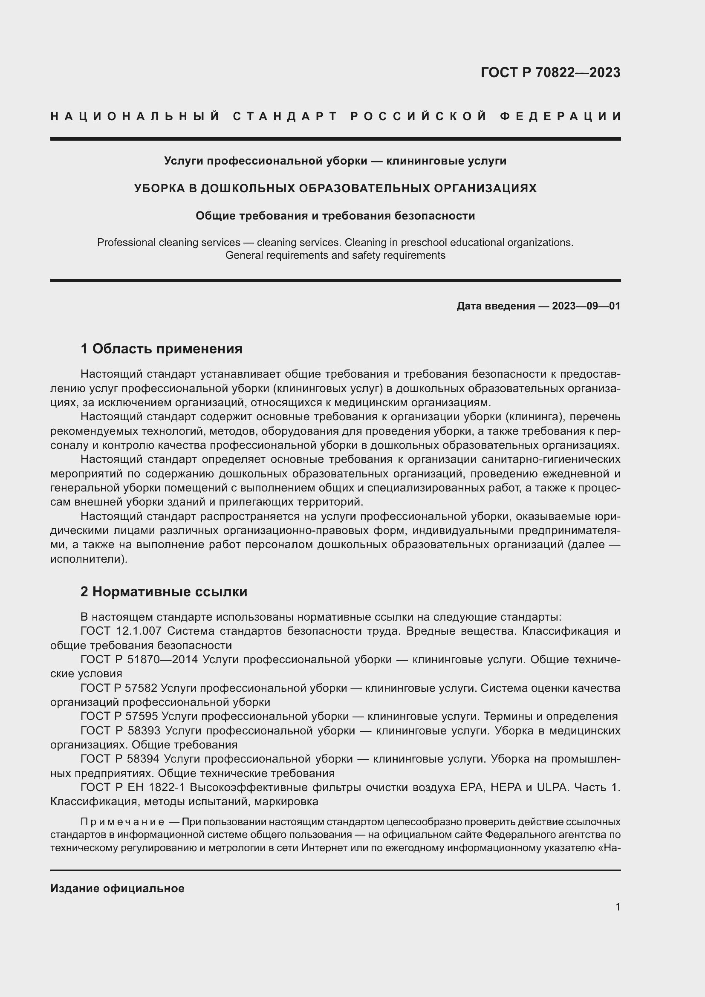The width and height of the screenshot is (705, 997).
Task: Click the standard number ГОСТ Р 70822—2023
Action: (550, 72)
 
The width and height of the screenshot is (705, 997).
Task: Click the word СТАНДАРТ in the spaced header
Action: (285, 116)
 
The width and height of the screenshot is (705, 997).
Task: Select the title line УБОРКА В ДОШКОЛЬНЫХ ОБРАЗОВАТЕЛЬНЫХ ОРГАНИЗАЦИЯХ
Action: (335, 188)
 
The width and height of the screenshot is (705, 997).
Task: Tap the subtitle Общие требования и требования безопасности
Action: (335, 216)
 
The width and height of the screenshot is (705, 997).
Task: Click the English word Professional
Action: (125, 242)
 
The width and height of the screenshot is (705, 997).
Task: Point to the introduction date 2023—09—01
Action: (586, 306)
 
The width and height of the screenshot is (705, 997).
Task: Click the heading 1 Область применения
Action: (162, 349)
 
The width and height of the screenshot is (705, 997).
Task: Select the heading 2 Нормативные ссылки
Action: (164, 592)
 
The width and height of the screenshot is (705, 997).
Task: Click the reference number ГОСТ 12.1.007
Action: (121, 631)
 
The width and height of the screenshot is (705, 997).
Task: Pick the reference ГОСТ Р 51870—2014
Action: (139, 659)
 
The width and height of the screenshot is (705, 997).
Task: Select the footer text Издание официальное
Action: (117, 888)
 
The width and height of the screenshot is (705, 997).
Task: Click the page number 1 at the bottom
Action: (618, 907)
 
